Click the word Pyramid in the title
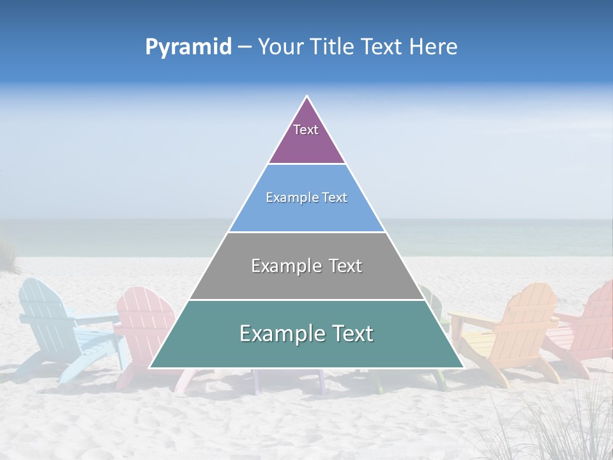[x=188, y=47]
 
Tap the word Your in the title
[x=282, y=47]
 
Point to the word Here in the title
[x=434, y=47]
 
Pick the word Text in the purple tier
[x=306, y=130]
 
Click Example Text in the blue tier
[x=306, y=198]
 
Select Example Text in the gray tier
[x=306, y=266]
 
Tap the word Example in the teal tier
[x=277, y=333]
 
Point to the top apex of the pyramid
[x=307, y=97]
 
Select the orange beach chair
[x=511, y=332]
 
